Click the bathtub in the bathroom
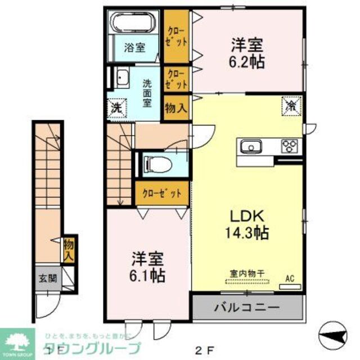135,24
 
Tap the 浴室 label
134,48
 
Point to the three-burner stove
290,147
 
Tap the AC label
290,277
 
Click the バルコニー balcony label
246,308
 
